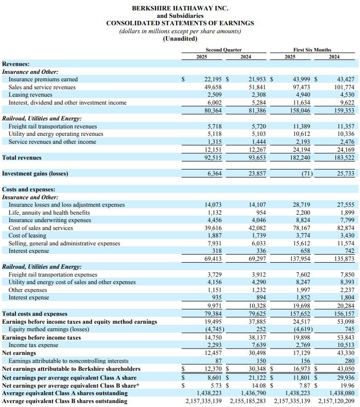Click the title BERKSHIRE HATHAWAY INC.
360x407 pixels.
click(x=180, y=8)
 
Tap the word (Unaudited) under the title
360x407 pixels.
click(x=180, y=39)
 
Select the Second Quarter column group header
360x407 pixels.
click(x=224, y=50)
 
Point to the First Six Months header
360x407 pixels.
click(x=312, y=50)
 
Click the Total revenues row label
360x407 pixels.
click(x=22, y=158)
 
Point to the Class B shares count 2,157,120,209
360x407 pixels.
click(x=336, y=401)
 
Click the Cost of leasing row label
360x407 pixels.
click(x=29, y=236)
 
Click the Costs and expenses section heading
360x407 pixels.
click(x=29, y=189)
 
